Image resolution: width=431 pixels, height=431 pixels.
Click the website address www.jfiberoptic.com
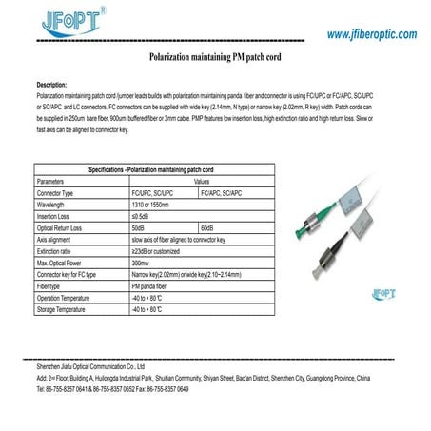click(x=371, y=34)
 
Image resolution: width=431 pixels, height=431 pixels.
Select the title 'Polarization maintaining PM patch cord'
click(x=214, y=58)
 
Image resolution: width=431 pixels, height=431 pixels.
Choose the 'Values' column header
click(x=201, y=180)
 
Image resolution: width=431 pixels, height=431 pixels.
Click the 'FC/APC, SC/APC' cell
click(x=223, y=192)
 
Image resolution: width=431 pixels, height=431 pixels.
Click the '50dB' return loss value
click(x=139, y=228)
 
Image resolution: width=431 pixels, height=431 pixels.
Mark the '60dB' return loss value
click(x=207, y=228)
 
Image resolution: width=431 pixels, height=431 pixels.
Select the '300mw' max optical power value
click(x=141, y=263)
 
